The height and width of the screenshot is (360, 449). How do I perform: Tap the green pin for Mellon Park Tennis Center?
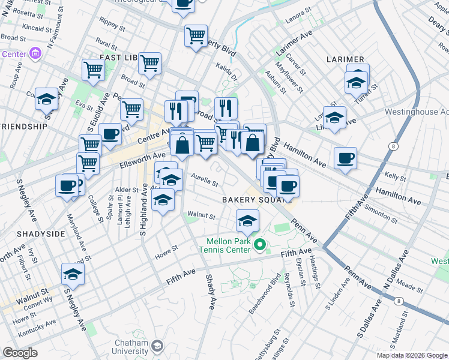[260, 244]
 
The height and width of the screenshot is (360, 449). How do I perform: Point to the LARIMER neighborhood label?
[345, 59]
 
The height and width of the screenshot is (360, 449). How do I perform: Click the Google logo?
[20, 353]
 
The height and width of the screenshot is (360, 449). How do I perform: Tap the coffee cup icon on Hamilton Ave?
[345, 158]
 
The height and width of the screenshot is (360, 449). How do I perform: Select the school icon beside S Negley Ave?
[73, 274]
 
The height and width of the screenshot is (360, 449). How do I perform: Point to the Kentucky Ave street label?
[37, 326]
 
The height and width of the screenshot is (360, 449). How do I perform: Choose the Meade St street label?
[410, 271]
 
